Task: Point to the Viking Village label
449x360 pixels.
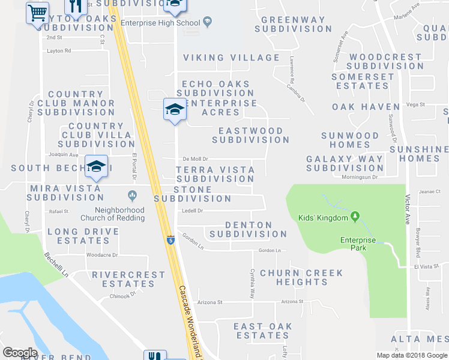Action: click(x=231, y=58)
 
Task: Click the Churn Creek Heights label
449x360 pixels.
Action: click(x=301, y=277)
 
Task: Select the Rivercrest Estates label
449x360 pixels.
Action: click(x=128, y=280)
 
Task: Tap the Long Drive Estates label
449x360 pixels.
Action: click(x=79, y=236)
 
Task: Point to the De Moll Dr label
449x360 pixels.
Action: click(x=195, y=159)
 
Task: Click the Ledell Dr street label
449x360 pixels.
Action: click(x=193, y=211)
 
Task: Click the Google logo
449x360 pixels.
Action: click(x=20, y=353)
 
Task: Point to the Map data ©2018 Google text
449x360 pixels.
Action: click(x=412, y=355)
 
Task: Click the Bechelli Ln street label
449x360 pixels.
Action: click(x=57, y=265)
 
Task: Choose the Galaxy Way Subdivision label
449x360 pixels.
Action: click(x=345, y=163)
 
